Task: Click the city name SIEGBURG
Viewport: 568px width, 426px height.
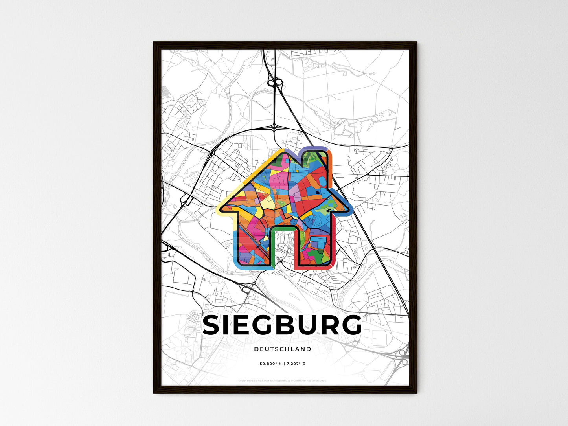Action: (282, 325)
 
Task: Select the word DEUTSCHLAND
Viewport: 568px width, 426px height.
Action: (282, 349)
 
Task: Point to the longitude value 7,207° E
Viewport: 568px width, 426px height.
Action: (296, 364)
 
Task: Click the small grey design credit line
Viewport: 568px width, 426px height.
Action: (282, 380)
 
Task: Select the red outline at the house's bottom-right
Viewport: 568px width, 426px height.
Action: (314, 268)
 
